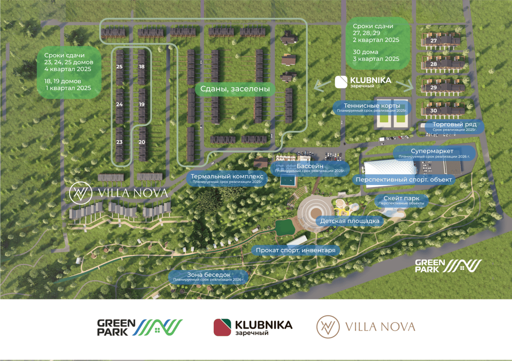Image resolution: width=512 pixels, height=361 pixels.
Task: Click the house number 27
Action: [433, 40]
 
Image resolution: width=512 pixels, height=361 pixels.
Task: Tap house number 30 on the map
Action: [433, 111]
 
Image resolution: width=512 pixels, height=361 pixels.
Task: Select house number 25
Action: [119, 67]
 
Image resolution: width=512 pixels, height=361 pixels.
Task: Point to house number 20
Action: [142, 142]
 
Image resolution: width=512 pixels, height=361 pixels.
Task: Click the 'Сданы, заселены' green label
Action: [235, 89]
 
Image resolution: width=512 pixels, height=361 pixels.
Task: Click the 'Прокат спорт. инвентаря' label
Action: [295, 250]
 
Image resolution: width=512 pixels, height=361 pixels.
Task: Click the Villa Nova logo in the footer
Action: [366, 327]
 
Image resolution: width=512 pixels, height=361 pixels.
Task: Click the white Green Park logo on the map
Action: [448, 266]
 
